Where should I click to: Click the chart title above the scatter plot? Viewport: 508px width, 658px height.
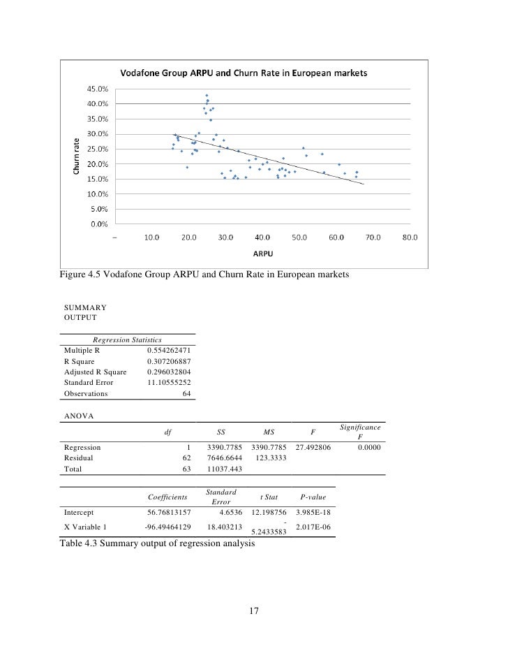coord(245,72)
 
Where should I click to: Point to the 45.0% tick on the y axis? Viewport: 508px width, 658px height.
coord(97,89)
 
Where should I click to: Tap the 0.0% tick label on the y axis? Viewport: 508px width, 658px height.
coord(99,224)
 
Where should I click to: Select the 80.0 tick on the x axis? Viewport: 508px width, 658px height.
coord(410,237)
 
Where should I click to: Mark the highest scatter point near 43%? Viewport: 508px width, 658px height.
coord(207,96)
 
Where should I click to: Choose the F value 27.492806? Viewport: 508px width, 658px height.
coord(313,447)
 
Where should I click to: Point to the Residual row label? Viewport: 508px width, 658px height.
coord(78,458)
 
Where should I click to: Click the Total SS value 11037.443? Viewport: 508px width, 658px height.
coord(224,469)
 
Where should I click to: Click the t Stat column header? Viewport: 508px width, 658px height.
coord(269,497)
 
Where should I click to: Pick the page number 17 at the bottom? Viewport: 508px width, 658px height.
coord(254,612)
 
